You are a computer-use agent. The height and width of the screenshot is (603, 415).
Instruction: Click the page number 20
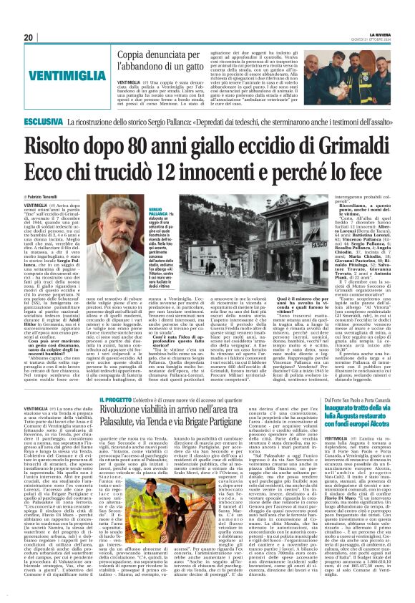point(28,37)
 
